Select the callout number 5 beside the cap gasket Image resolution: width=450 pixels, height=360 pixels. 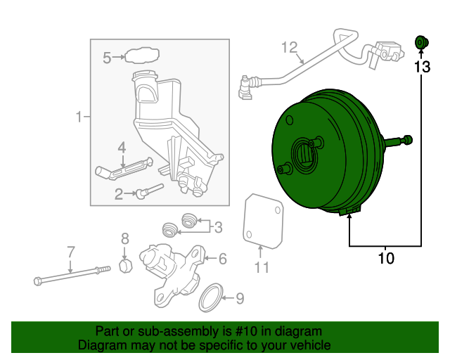(107, 58)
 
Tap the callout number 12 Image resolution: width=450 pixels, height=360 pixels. (290, 47)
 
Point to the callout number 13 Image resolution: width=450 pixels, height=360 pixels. (421, 67)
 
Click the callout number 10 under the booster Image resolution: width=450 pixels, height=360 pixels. (386, 258)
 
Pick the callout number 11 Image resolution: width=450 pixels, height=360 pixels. (262, 267)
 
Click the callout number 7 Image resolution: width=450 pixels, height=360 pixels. (70, 251)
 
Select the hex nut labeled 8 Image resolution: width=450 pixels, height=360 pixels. (124, 266)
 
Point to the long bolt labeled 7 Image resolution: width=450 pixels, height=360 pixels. (70, 275)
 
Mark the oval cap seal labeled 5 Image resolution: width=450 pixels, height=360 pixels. (141, 55)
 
